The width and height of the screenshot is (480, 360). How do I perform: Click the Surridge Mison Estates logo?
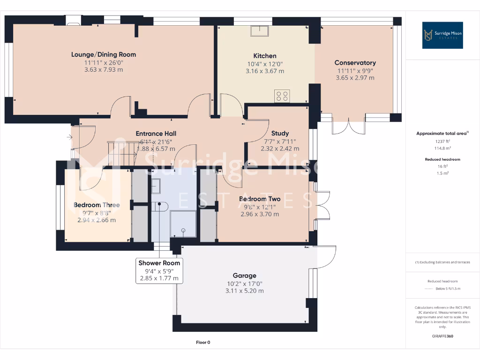coord(442,35)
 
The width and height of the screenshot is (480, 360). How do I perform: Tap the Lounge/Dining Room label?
coord(104,54)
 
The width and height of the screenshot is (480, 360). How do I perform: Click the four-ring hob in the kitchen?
coord(282,96)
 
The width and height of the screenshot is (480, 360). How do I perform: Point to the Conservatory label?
coord(355,63)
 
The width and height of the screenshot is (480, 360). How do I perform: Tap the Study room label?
coord(280,133)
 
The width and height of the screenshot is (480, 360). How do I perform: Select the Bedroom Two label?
coord(260,199)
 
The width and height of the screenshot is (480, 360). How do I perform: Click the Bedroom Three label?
coord(97,205)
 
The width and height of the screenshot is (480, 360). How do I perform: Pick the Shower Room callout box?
coord(159,270)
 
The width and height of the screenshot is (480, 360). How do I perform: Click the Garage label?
coord(245,276)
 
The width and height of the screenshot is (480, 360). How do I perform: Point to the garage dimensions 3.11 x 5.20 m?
coord(245,291)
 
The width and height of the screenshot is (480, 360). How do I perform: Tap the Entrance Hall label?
coord(156,134)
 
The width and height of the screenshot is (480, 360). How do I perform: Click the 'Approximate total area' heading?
coord(442,134)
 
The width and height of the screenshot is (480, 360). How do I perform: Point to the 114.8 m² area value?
coord(442,148)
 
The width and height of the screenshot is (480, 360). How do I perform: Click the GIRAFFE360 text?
coord(442,336)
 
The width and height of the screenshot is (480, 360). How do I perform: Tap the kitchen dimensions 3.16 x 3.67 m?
coord(265,71)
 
